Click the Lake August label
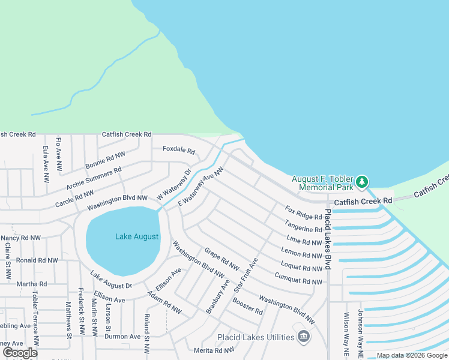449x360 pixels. point(137,236)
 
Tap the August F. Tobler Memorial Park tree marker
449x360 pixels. point(361,181)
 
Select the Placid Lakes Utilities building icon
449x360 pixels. point(304,337)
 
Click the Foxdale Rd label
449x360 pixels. point(179,151)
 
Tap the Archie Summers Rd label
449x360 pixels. point(94,178)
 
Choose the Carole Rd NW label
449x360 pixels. point(74,197)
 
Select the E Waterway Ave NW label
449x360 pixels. point(200,187)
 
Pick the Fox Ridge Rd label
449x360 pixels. point(303,212)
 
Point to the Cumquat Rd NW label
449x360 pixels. point(298,278)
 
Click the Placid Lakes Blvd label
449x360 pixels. point(328,239)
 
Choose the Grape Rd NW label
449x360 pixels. point(221,259)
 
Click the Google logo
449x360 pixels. point(19,352)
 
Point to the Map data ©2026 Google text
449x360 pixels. point(411,355)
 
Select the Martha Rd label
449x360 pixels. point(31,284)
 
